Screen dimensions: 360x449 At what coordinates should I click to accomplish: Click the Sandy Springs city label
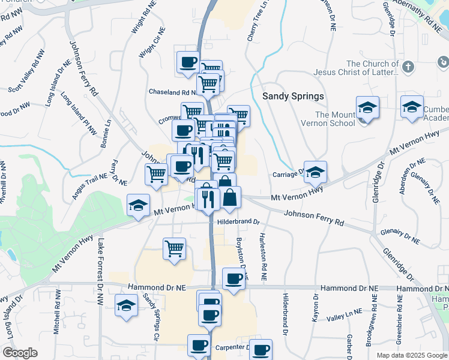click(294, 96)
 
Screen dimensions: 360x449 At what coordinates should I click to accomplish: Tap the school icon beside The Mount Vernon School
click(367, 109)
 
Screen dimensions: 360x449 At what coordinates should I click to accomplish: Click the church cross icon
click(408, 67)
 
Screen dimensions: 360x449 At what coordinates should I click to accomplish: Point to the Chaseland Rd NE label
click(173, 92)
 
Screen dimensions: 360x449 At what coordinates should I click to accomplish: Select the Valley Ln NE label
click(346, 312)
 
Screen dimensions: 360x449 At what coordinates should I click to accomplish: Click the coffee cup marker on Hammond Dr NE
click(234, 278)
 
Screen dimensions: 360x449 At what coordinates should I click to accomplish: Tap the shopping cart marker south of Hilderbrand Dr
click(174, 248)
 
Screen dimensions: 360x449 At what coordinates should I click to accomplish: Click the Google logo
click(20, 353)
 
